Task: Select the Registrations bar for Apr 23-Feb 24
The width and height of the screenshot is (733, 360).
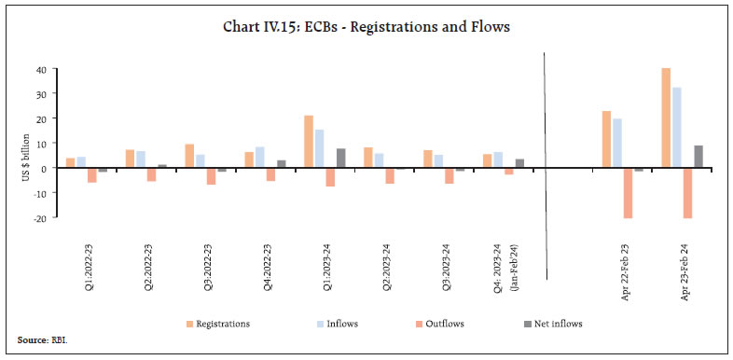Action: click(666, 118)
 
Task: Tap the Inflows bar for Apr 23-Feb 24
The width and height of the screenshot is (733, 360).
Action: click(677, 128)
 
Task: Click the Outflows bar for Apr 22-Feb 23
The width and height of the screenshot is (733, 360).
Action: click(628, 193)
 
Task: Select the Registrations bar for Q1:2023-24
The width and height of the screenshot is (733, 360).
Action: click(308, 142)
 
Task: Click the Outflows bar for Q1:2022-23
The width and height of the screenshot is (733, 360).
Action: click(92, 175)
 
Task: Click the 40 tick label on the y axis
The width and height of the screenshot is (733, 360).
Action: click(41, 70)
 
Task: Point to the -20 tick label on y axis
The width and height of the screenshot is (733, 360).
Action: click(39, 216)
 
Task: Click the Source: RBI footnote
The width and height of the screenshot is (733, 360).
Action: click(42, 341)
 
